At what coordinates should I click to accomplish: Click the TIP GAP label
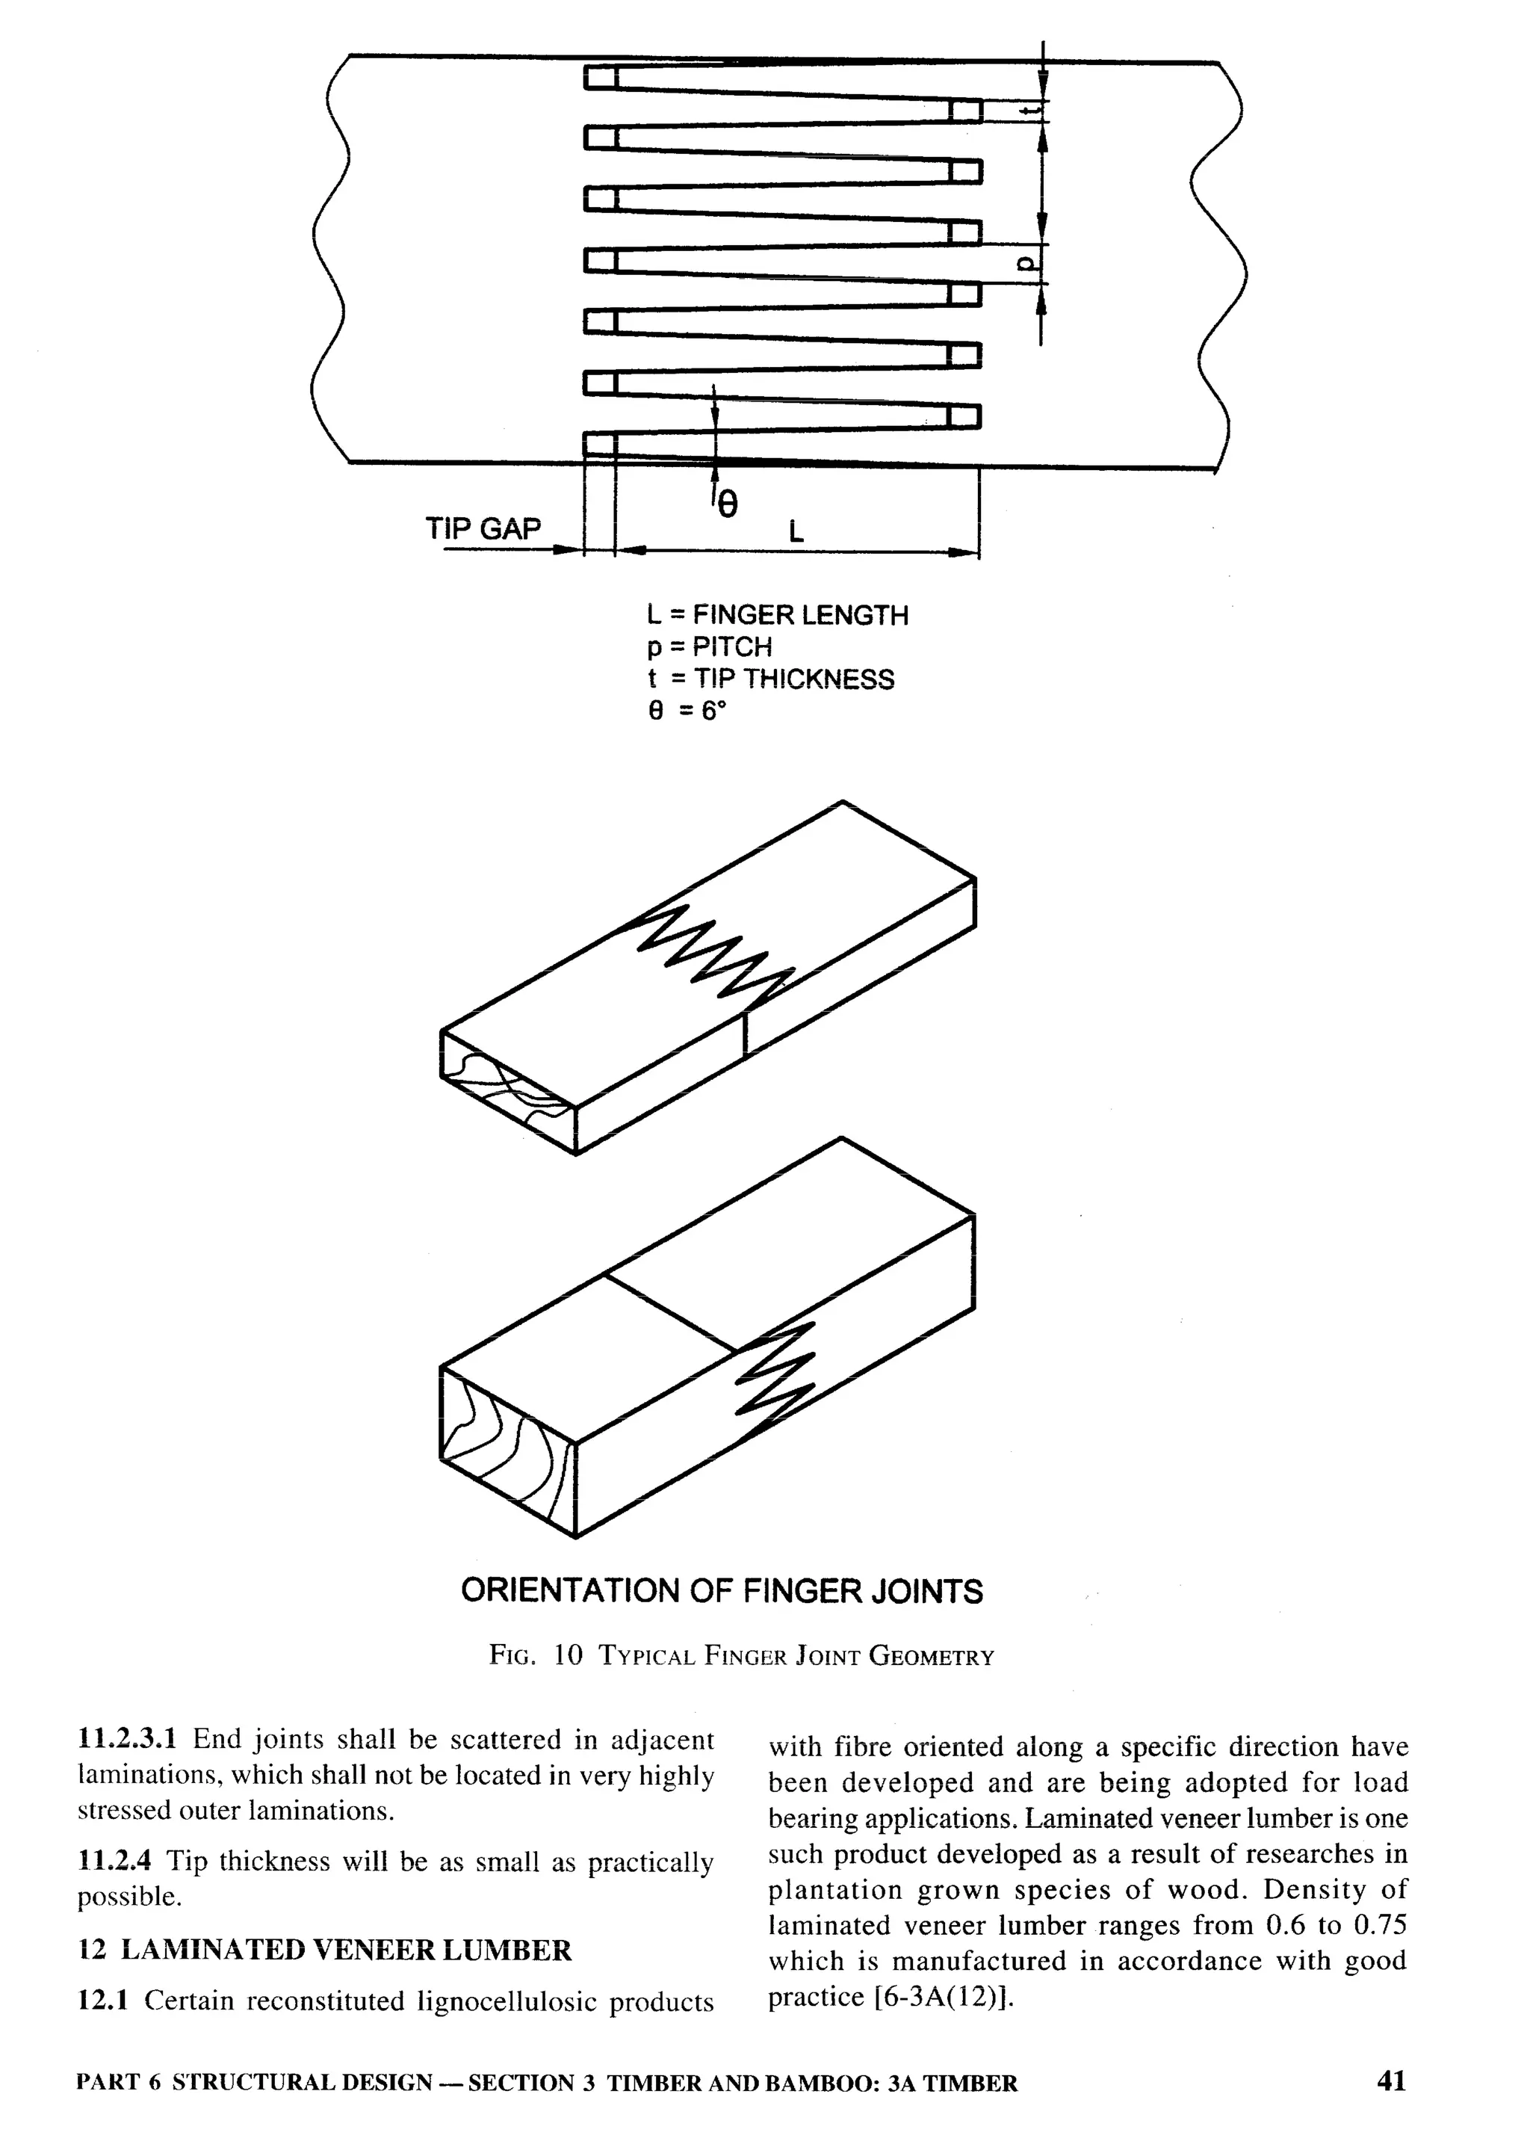pos(483,528)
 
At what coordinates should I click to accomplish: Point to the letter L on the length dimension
pos(796,532)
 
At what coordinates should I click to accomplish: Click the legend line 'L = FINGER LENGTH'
pos(777,615)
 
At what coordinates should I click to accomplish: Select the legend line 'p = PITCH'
pos(708,647)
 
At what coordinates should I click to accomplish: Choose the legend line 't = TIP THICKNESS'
pos(771,679)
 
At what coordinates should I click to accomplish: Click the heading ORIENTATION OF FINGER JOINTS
pos(722,1592)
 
